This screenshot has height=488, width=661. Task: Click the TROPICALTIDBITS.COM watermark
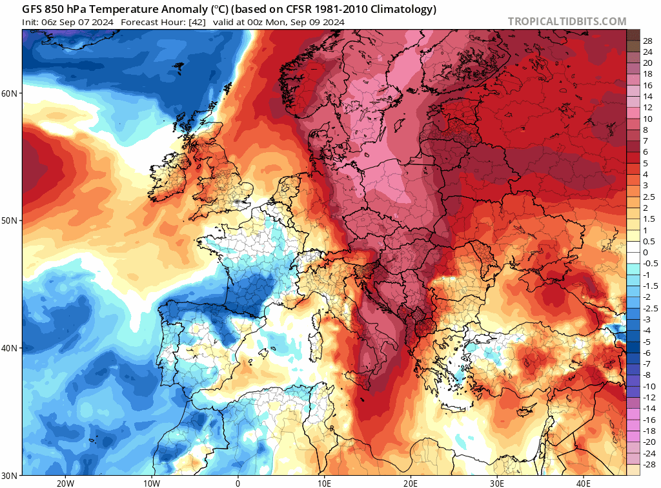[x=567, y=21]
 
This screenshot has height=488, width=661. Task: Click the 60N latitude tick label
[x=10, y=93]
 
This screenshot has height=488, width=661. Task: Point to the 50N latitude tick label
[x=10, y=220]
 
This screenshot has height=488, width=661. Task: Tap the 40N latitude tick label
[x=10, y=348]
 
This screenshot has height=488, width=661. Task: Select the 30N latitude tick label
[x=10, y=475]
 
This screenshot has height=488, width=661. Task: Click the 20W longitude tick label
[x=65, y=483]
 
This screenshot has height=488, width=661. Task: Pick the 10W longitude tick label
[x=151, y=483]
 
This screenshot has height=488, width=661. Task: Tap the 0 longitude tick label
[x=238, y=483]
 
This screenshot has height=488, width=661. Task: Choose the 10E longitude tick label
[x=324, y=483]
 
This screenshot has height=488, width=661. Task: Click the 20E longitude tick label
[x=411, y=483]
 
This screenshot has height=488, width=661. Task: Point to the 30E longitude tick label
[x=497, y=483]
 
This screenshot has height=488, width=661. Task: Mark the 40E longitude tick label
[x=584, y=483]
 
